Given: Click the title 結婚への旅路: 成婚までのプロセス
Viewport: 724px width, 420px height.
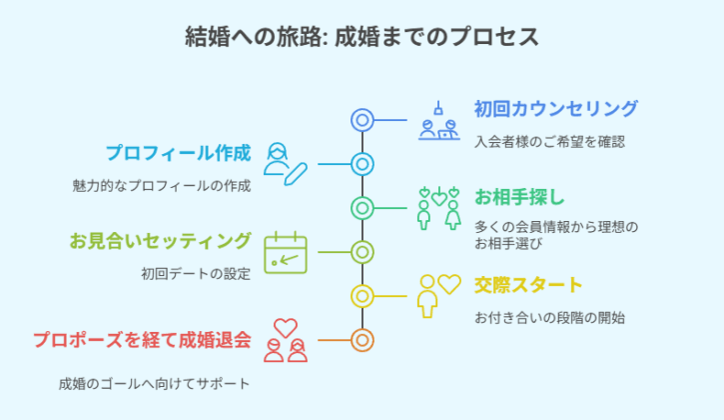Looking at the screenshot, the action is coord(362,37).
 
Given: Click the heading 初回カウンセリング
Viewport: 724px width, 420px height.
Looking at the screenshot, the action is coord(556,109).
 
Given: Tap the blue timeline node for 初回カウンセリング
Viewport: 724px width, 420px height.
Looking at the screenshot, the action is coord(362,120).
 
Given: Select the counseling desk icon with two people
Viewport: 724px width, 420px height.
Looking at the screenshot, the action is coord(439,121).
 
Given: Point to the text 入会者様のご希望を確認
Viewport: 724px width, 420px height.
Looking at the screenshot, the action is coord(549,142).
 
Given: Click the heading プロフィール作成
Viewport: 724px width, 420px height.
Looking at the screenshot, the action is coord(178,153).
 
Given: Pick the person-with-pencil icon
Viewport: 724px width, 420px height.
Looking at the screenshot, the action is coord(286,164).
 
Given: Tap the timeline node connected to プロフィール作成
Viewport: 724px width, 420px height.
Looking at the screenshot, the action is coord(362,164).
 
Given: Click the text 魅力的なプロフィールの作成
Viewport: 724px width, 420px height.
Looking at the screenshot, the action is coord(162,186).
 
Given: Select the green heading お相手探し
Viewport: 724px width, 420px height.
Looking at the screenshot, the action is coord(519,198).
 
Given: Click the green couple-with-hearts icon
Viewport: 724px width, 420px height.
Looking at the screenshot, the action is coord(438,208).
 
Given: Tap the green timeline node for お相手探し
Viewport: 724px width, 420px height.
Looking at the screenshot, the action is coord(362,208).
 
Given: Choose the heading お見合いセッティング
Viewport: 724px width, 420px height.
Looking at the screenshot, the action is coord(160,241).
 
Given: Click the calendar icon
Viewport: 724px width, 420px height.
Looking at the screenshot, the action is coord(286,253).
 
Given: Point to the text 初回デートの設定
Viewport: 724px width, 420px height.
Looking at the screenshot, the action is coord(196,274).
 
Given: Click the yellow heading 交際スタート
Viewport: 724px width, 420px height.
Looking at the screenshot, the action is coord(528,285).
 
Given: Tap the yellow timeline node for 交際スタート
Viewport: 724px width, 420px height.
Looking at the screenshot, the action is coord(362,296).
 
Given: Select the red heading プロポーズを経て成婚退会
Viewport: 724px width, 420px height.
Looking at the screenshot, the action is coord(142,340).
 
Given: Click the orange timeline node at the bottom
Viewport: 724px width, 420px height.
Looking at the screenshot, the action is coord(362,340).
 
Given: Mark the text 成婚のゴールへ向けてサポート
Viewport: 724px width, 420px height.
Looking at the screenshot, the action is coord(154,384).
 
